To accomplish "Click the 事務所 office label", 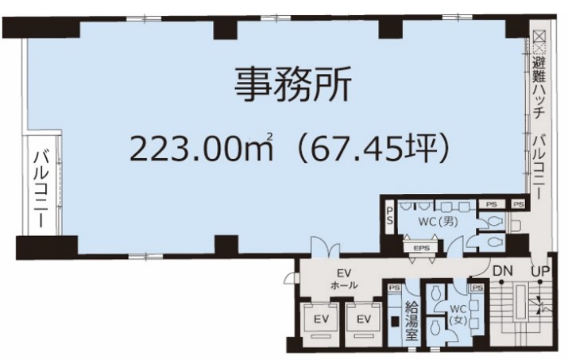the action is [x=292, y=84].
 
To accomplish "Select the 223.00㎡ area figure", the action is [x=201, y=148].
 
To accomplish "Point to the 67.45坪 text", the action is [x=373, y=148].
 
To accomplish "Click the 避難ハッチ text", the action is [x=539, y=88].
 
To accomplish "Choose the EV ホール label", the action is [x=344, y=278].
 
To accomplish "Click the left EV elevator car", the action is [x=321, y=319].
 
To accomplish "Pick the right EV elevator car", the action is [x=364, y=319].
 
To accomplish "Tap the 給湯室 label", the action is [x=412, y=320].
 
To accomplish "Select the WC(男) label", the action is [x=439, y=221].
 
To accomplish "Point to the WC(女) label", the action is [x=458, y=315].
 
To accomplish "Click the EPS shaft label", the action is [x=421, y=248].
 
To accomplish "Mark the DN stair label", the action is [x=502, y=271].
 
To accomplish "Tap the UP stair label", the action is [x=540, y=271].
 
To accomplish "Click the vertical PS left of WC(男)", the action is [x=390, y=215].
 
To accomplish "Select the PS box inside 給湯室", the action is [x=395, y=288].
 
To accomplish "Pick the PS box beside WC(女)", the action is [x=477, y=288].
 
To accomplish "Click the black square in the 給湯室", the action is [x=395, y=321].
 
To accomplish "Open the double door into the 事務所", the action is [x=326, y=247].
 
